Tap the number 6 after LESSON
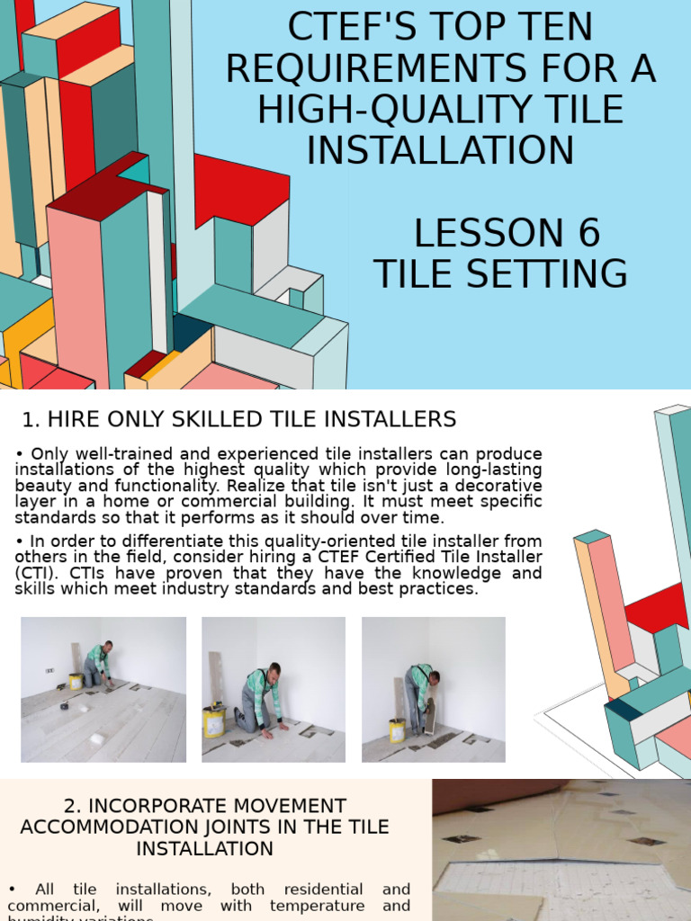(588, 234)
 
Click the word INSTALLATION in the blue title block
(440, 150)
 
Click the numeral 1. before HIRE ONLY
(31, 419)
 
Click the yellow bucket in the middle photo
(213, 722)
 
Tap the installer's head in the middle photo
(274, 670)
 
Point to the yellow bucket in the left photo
(76, 681)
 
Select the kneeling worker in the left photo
(97, 666)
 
